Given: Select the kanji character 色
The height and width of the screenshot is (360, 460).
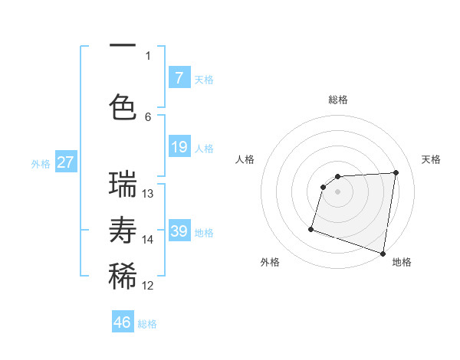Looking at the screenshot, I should [123, 106].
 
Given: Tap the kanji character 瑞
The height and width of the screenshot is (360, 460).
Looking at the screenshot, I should [123, 185].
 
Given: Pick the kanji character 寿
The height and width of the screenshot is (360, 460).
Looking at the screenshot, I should [123, 231].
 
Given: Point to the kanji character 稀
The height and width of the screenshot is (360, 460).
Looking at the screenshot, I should [123, 277].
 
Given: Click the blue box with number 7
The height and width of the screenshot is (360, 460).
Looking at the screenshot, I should [179, 78].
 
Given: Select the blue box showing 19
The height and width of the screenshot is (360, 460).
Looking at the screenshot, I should [179, 147].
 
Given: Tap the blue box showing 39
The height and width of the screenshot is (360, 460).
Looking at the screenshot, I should [179, 231].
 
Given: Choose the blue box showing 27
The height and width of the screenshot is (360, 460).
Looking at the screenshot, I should [65, 162].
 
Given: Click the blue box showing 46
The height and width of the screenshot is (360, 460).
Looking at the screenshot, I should [123, 322].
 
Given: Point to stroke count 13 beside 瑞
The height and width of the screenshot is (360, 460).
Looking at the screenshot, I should [148, 194].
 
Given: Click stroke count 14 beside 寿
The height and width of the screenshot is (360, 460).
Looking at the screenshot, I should [148, 240].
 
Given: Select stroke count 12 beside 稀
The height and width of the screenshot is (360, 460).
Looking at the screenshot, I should [148, 286].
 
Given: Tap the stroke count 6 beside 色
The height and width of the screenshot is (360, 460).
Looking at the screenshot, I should [148, 116].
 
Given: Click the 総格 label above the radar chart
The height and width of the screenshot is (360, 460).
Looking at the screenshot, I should [337, 100].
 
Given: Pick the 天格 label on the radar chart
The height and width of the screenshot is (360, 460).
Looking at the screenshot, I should [431, 159].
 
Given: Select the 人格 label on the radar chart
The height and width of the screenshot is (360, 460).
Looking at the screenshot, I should [245, 159].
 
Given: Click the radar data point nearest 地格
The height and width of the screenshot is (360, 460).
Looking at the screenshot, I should [383, 253].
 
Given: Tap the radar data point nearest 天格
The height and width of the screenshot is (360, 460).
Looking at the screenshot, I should [396, 172].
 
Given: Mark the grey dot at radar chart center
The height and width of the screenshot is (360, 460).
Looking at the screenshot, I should [337, 191].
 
